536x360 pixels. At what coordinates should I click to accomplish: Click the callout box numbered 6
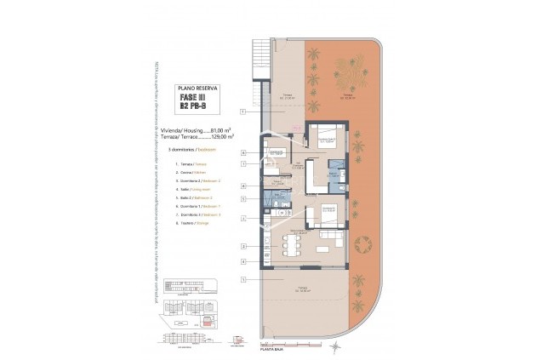pyautogui.click(x=243, y=152)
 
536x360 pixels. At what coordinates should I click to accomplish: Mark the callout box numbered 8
pyautogui.click(x=243, y=185)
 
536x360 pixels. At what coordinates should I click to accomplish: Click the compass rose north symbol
pyautogui.click(x=339, y=346)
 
